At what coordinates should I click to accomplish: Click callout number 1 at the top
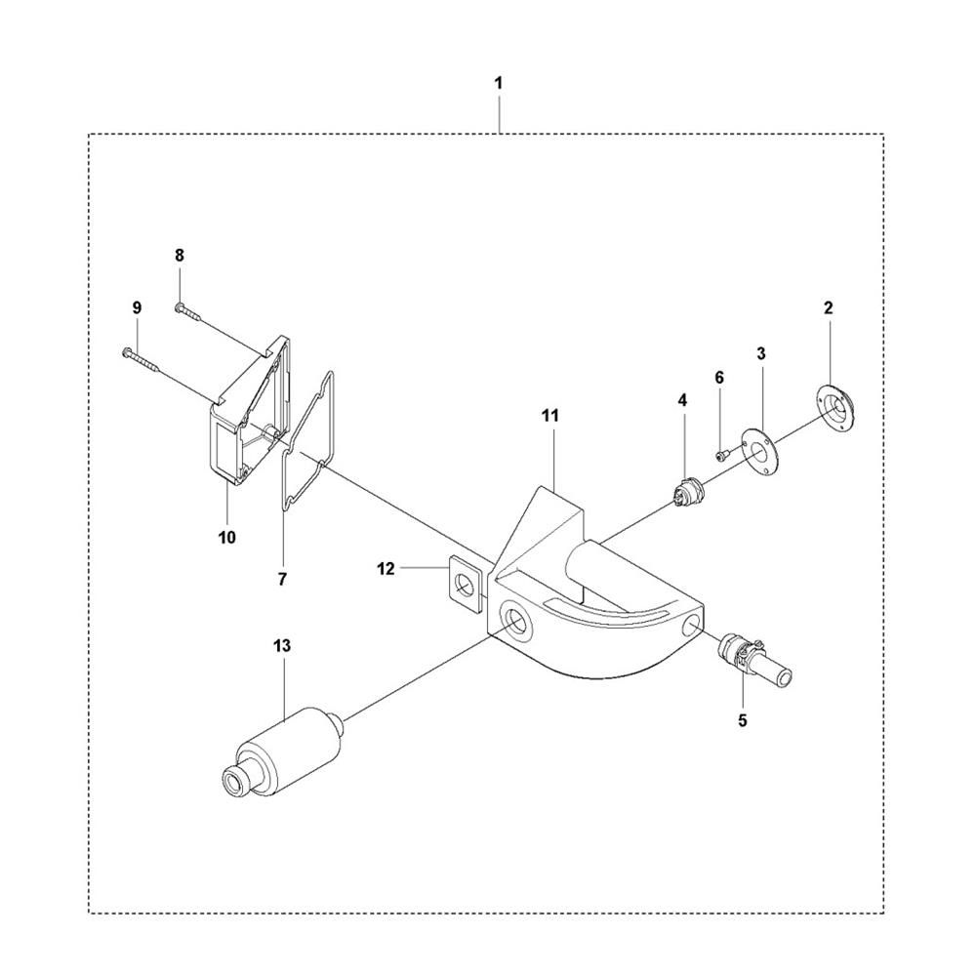tap(498, 84)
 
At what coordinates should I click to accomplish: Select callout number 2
tap(828, 307)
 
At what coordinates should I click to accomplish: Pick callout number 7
tap(281, 579)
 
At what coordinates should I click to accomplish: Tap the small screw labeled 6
tap(722, 452)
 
